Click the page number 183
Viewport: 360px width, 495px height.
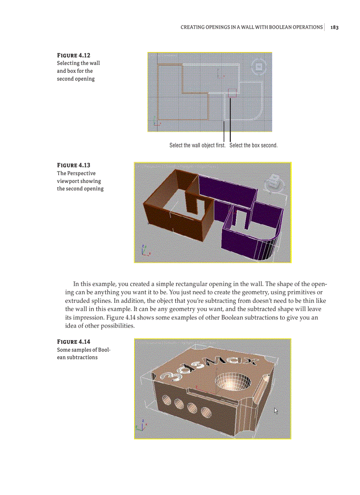334,27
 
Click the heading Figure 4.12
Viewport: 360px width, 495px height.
74,56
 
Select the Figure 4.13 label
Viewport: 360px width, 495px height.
74,165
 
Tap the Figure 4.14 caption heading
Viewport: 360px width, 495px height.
74,342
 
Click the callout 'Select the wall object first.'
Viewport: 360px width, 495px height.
197,145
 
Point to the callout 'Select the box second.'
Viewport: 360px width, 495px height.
253,145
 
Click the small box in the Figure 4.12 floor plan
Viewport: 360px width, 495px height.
232,92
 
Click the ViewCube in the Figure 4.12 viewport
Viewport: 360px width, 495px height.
259,67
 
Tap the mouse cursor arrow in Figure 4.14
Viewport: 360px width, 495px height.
276,411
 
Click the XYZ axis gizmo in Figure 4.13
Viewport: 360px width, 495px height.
145,251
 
